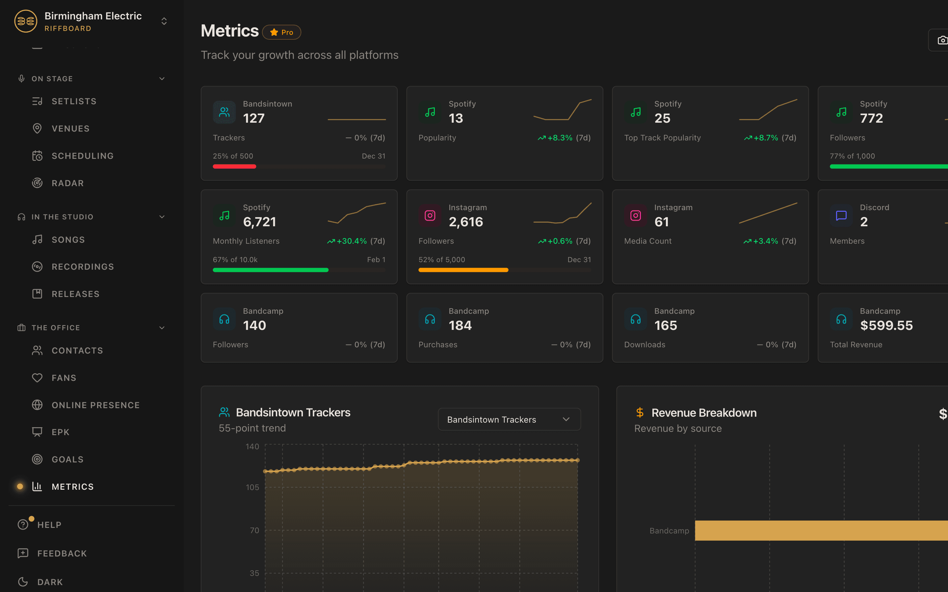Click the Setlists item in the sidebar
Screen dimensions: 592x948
[x=74, y=101]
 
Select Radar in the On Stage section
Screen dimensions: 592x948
[x=67, y=183]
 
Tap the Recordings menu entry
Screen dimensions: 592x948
[x=83, y=267]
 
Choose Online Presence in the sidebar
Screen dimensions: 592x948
[x=95, y=405]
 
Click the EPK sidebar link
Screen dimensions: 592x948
[x=60, y=432]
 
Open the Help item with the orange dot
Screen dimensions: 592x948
[x=49, y=525]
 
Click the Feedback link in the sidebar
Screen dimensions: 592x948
[x=62, y=553]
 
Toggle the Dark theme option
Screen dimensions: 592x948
[x=50, y=582]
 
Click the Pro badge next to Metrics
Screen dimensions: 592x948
[x=282, y=33]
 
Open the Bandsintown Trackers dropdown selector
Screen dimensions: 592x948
[x=509, y=419]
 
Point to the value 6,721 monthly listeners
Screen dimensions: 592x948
[x=259, y=222]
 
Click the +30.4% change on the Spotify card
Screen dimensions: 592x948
[x=352, y=241]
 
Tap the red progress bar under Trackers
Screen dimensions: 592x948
[x=234, y=167]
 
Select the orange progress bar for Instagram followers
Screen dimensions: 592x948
[x=463, y=270]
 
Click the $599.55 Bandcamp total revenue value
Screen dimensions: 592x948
[x=886, y=325]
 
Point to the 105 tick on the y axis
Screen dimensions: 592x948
[x=252, y=487]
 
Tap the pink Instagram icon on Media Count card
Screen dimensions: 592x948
[x=635, y=215]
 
